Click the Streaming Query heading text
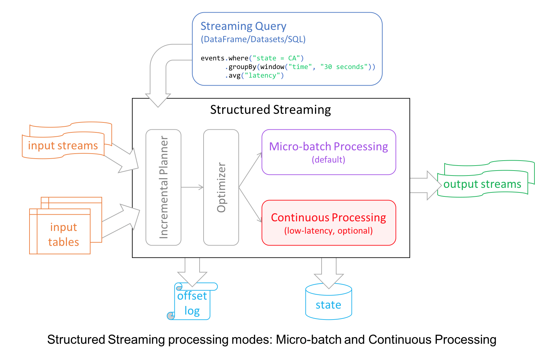click(243, 26)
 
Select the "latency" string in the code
click(262, 76)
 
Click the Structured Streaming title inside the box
click(271, 110)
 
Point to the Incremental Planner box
click(163, 187)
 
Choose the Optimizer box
click(221, 187)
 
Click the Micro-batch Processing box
click(329, 152)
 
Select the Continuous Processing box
click(329, 223)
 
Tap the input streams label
click(63, 146)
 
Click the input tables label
click(63, 235)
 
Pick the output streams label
click(482, 184)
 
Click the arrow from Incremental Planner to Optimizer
click(192, 187)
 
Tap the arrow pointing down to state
click(329, 272)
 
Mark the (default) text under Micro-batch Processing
click(329, 160)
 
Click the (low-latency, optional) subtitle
click(329, 231)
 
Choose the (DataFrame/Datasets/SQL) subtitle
click(253, 39)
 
